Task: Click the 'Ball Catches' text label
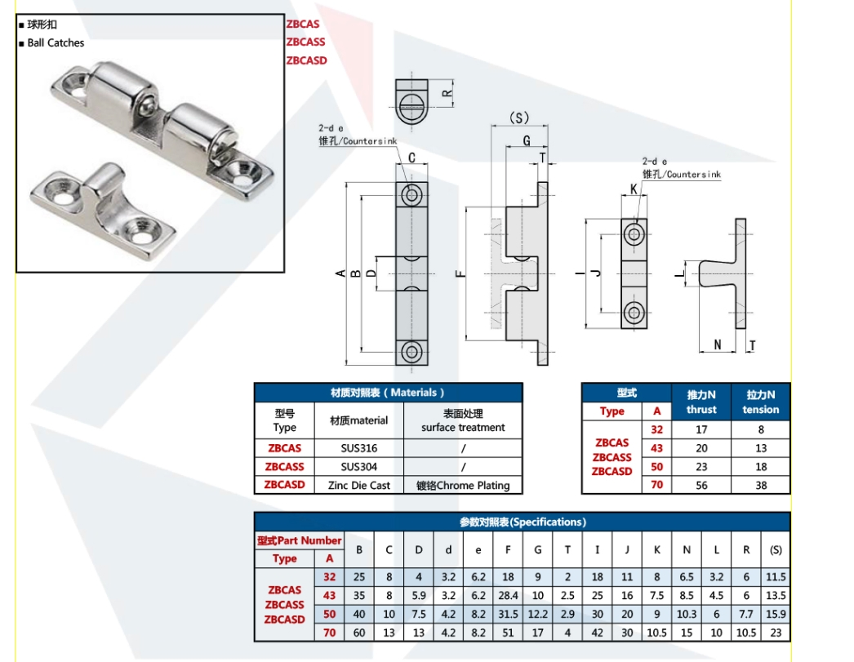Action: coord(56,42)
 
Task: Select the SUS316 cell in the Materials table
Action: coord(359,448)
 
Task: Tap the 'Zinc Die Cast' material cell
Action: coord(359,485)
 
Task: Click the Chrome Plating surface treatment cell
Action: coord(463,485)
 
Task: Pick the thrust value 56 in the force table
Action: coord(701,484)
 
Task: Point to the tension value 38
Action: coord(761,484)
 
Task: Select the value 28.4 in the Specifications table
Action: coord(507,596)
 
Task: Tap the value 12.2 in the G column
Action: coord(537,614)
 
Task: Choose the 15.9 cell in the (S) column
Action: coord(776,614)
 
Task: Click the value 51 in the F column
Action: coord(507,632)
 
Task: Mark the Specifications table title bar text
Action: coord(523,522)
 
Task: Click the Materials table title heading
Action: coord(388,393)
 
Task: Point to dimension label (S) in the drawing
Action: coord(519,118)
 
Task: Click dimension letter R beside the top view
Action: coord(447,93)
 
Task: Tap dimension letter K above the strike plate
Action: coord(634,189)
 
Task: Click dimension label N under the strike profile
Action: coord(718,344)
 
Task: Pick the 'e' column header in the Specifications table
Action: coord(478,550)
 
